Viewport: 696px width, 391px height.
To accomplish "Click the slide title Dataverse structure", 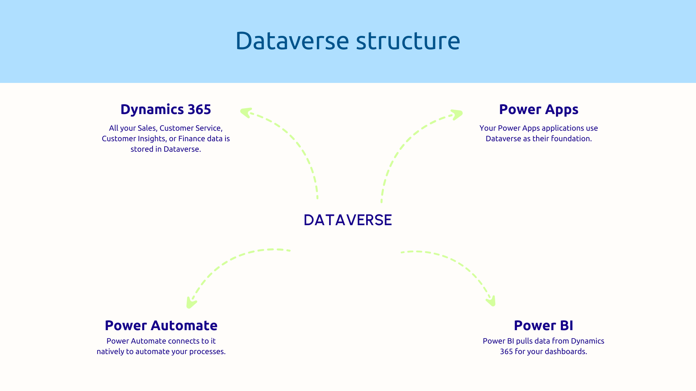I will (x=347, y=41).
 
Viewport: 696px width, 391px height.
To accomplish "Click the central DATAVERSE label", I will (x=348, y=220).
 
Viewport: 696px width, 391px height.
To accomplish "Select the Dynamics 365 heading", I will (x=165, y=109).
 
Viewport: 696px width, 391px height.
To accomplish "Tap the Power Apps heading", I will (x=538, y=109).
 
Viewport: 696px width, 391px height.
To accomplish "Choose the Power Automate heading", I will (x=161, y=325).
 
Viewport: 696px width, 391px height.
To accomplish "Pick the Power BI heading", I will (x=543, y=325).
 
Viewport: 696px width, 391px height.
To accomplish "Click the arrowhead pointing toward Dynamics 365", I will (x=245, y=112).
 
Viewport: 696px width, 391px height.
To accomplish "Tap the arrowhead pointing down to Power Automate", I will (x=191, y=303).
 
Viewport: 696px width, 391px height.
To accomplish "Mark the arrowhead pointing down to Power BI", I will (x=491, y=301).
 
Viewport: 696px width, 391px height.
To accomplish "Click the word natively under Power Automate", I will (x=110, y=352).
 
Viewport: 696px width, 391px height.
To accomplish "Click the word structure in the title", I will (x=408, y=41).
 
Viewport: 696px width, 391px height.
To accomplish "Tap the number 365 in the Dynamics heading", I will (x=199, y=109).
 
